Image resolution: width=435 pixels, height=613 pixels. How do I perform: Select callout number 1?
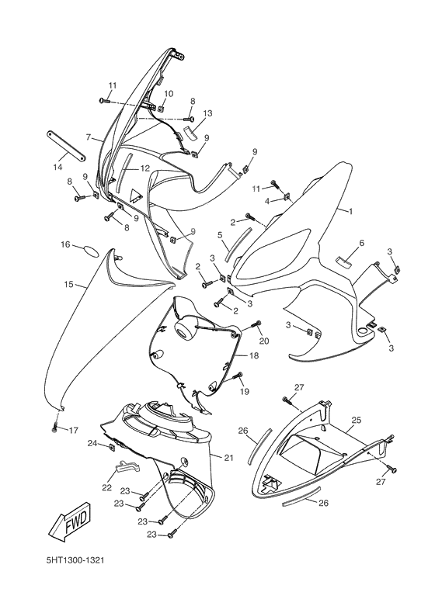click(x=350, y=211)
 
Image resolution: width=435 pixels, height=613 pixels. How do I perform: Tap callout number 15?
click(x=69, y=285)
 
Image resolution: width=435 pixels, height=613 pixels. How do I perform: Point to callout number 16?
click(x=66, y=244)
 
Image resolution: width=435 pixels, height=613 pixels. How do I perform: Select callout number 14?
click(x=57, y=166)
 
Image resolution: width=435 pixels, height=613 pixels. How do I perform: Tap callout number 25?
click(x=356, y=420)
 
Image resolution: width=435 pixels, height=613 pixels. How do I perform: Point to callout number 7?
click(x=89, y=137)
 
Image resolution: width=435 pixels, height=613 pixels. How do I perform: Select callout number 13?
click(x=207, y=113)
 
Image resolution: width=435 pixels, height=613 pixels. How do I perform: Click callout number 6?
click(x=360, y=244)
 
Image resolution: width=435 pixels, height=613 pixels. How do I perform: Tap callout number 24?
click(x=92, y=443)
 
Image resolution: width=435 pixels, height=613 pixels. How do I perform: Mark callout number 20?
click(x=263, y=341)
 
